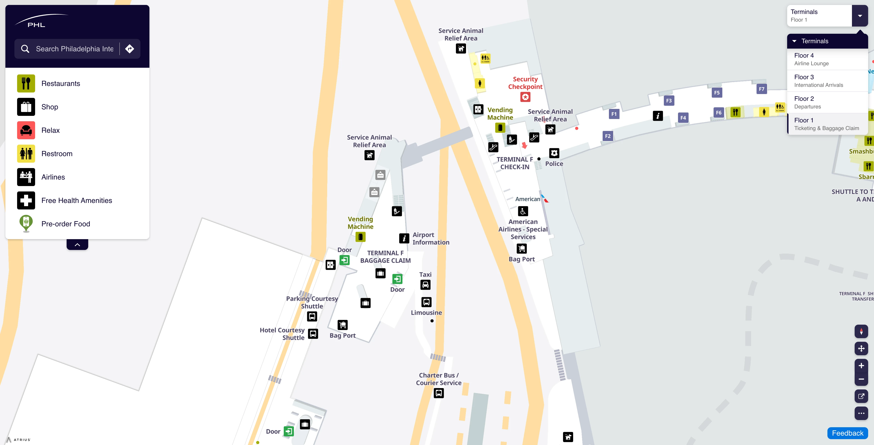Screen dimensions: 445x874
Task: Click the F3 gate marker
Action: tap(669, 101)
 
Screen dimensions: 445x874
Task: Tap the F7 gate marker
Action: tap(762, 89)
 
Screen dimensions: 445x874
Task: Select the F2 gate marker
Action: tap(608, 136)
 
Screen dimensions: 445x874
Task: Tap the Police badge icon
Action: tap(554, 153)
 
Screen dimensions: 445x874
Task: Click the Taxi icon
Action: tap(426, 285)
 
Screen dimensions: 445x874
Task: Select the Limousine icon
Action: tap(426, 302)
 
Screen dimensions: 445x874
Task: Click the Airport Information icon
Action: tap(404, 238)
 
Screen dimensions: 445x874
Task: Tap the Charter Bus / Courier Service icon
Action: tap(439, 393)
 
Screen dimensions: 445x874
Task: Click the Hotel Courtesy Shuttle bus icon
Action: tap(313, 334)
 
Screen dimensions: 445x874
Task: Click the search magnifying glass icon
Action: tap(25, 49)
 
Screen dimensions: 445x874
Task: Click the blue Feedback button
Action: tap(847, 433)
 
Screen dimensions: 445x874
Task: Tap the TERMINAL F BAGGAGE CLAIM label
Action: tap(385, 257)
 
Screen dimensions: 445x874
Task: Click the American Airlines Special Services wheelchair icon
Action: tap(523, 211)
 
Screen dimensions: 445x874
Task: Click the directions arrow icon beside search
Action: tap(130, 49)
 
